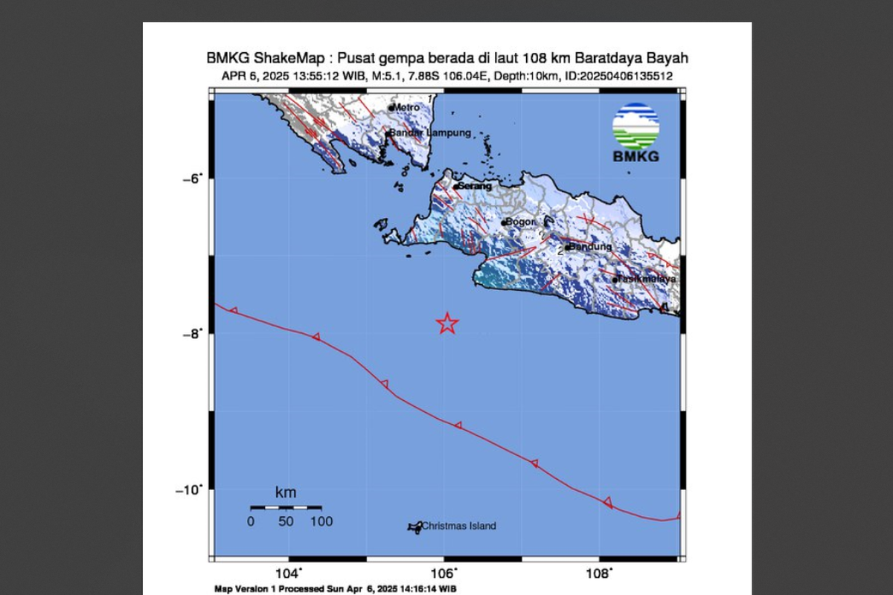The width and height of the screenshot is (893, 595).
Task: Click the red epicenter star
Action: [x=446, y=323]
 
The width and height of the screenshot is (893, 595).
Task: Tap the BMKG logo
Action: [x=636, y=132]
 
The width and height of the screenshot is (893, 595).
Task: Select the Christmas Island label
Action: [x=458, y=527]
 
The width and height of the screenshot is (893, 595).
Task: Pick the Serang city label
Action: [x=476, y=186]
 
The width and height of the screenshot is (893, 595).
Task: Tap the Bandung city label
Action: [x=590, y=246]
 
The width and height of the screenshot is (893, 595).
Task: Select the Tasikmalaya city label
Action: [x=647, y=279]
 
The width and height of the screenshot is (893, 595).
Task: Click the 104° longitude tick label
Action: [x=289, y=573]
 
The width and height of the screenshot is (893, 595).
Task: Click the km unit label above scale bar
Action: [x=286, y=492]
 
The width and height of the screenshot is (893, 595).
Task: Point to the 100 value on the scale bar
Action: [x=321, y=521]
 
